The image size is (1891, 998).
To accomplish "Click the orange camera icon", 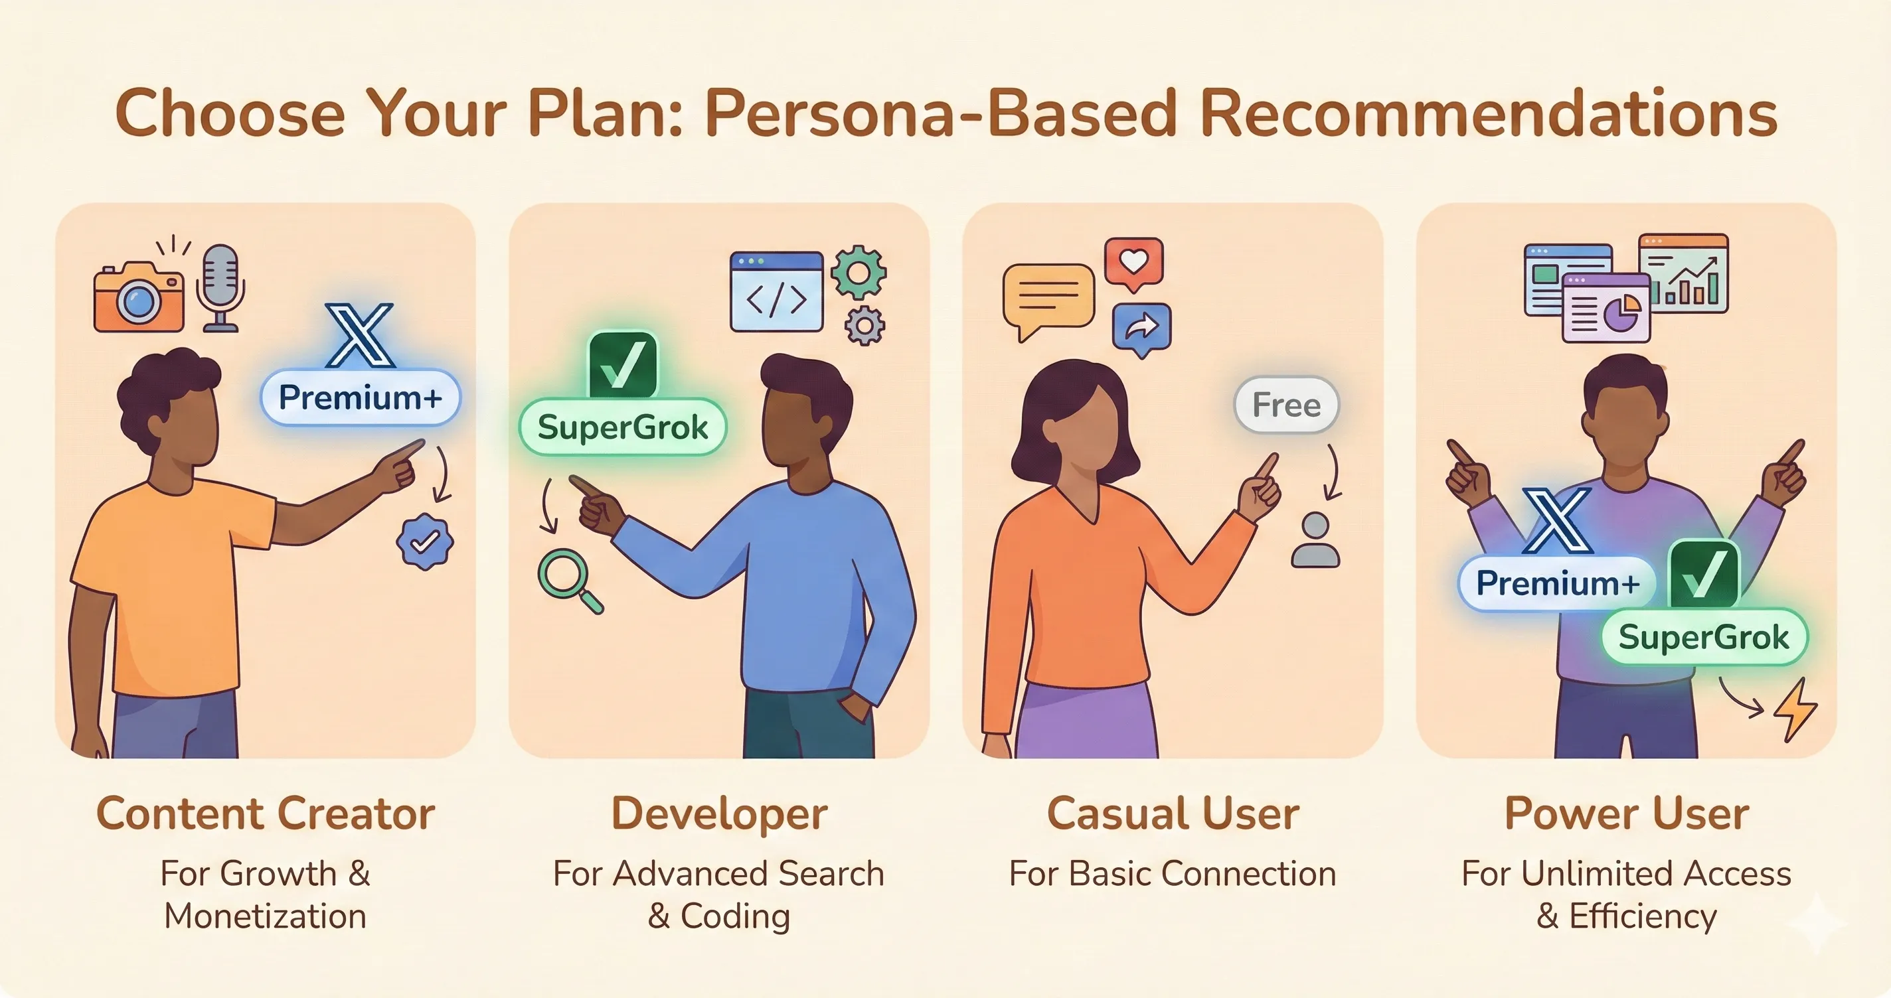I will [x=139, y=298].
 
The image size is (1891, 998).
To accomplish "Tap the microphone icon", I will [x=220, y=286].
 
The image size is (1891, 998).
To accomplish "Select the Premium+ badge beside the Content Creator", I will [x=361, y=397].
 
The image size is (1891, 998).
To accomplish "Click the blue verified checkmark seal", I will [x=424, y=541].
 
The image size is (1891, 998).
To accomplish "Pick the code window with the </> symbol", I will [x=776, y=292].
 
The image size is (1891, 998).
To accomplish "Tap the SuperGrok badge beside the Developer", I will [x=623, y=427].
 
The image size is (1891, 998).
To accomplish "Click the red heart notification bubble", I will [x=1133, y=262].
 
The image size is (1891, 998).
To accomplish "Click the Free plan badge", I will [x=1286, y=405].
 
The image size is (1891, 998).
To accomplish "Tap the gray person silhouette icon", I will [x=1315, y=541].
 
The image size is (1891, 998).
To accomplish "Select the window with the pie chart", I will [x=1606, y=308].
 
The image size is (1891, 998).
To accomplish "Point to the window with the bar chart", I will [x=1685, y=273].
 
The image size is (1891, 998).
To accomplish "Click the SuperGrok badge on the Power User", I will [x=1703, y=637].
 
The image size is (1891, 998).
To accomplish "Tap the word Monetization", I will [x=265, y=916].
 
